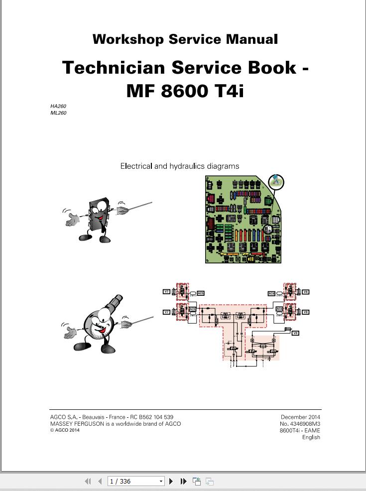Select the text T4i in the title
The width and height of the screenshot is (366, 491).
click(229, 91)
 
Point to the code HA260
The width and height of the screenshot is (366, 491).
click(58, 106)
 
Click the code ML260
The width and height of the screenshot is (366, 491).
click(58, 113)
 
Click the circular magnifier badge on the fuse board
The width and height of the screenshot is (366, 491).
click(276, 182)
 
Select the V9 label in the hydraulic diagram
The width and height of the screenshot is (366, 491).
click(295, 333)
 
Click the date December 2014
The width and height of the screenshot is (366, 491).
click(300, 417)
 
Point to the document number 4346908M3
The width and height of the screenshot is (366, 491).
click(304, 424)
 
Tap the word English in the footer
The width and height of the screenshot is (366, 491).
click(311, 437)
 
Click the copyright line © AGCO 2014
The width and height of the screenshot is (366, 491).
click(65, 430)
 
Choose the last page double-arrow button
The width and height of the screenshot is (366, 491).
click(183, 481)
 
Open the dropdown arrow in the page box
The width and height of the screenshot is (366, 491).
click(161, 481)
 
